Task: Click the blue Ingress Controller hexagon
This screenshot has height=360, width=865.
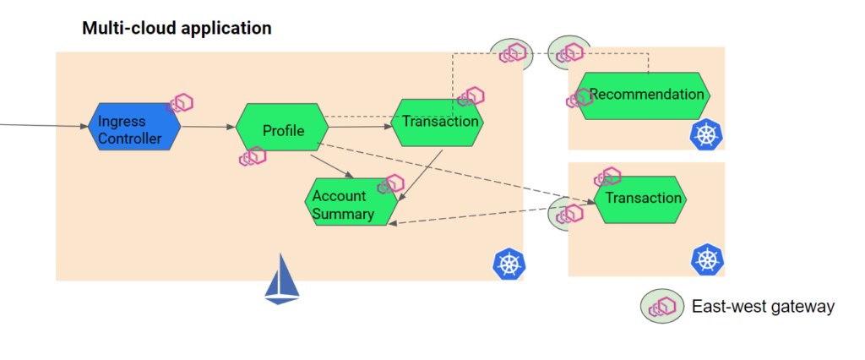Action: [x=134, y=128]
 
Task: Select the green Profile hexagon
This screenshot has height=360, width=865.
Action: [x=282, y=129]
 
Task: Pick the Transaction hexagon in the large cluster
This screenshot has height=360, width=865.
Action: [x=438, y=122]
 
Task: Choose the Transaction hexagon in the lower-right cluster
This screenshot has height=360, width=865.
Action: [x=641, y=199]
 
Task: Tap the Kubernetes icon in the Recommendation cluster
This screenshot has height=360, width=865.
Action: [x=705, y=135]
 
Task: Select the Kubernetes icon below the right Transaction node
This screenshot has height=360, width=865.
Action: [x=705, y=259]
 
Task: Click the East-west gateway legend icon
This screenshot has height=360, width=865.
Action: [x=661, y=307]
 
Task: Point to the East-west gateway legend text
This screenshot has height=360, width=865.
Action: [x=763, y=307]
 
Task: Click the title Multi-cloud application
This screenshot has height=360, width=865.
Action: [x=177, y=28]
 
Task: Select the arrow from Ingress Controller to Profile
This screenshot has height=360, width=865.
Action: [x=208, y=128]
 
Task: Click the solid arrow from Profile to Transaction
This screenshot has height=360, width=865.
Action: [x=359, y=127]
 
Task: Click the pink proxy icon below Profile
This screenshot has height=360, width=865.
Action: [x=253, y=156]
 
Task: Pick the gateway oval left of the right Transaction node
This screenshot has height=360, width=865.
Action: [x=566, y=213]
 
